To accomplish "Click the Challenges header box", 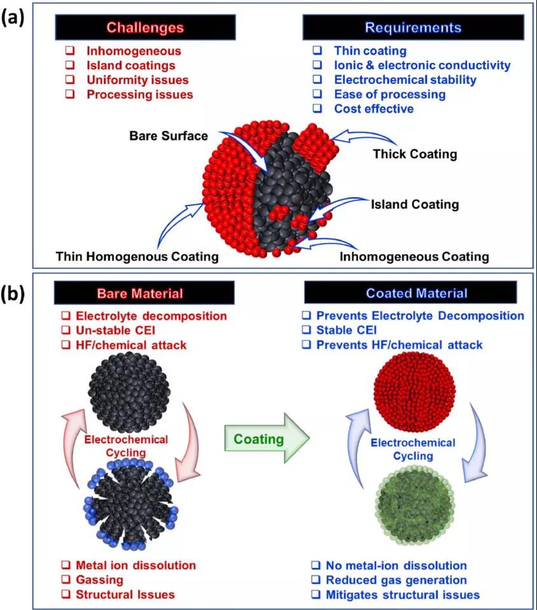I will point(145,27).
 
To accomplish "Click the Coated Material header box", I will point(416,293).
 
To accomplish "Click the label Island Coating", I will point(414,204).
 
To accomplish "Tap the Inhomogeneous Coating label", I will point(414,257).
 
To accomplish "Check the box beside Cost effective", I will point(317,109).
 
